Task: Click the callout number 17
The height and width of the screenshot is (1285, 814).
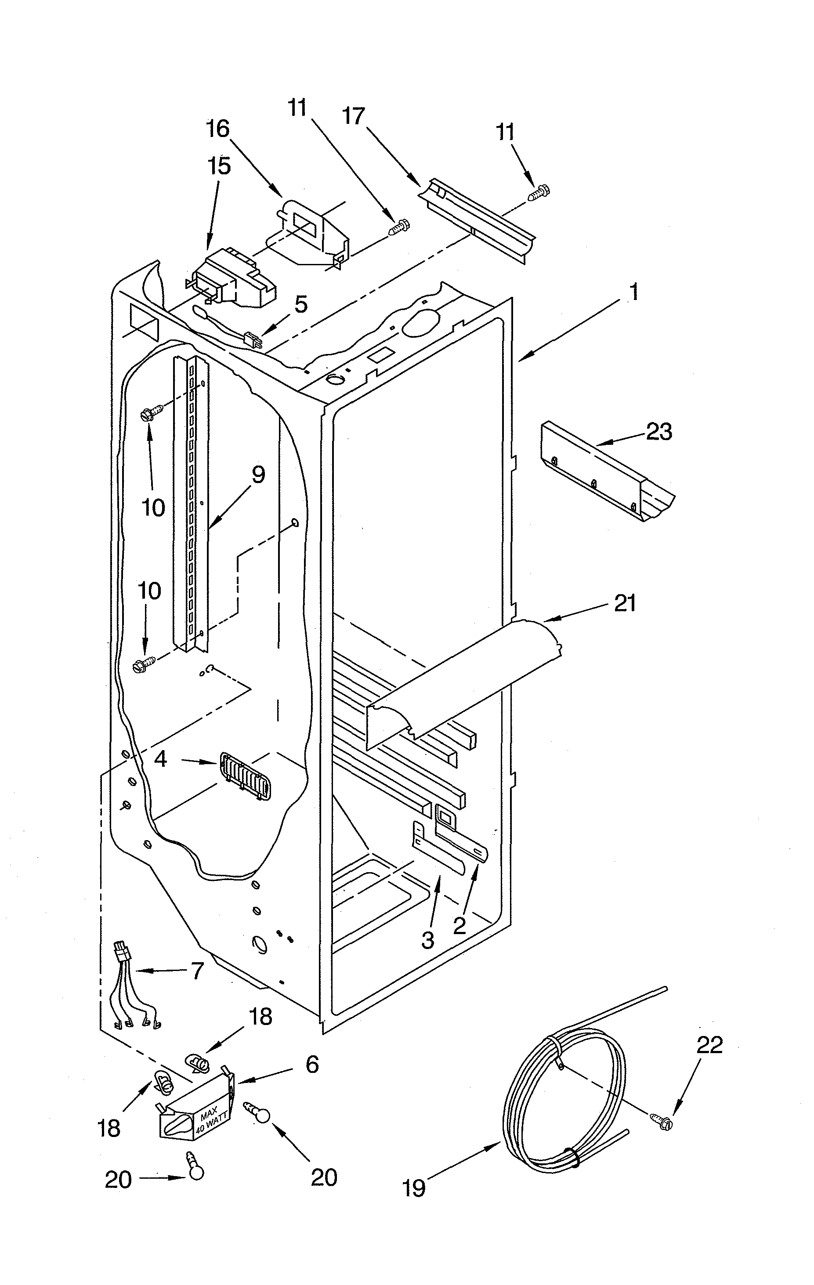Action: pos(353,116)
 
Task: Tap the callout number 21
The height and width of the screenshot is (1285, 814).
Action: pos(625,603)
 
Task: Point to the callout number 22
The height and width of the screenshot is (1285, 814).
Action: pos(709,1044)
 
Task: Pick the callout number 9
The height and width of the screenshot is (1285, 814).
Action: pos(258,474)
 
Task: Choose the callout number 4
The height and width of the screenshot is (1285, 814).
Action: pos(161,759)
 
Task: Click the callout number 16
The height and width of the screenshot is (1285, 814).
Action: pos(218,129)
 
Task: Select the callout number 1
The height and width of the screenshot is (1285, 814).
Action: pos(633,292)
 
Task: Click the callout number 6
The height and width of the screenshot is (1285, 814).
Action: pos(312,1064)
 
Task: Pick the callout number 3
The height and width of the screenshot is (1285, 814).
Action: pos(427,941)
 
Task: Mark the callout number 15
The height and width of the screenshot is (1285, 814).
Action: pos(219,166)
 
